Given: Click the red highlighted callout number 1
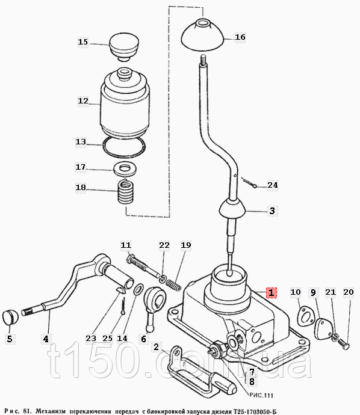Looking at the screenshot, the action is (272, 292).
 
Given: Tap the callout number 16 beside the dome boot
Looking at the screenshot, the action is (240, 37).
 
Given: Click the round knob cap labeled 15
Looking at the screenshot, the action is (124, 46).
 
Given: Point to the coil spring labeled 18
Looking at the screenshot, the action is (126, 192).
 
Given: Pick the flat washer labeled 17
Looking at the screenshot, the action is (125, 168).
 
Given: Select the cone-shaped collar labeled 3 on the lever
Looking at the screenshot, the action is (232, 209).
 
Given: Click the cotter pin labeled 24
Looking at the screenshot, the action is (250, 183).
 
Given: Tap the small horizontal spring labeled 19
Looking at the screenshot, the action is (173, 284).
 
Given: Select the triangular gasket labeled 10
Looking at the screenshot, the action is (304, 316).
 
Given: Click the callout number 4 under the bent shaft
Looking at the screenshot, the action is (46, 339).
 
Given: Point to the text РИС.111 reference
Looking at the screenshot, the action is (261, 395).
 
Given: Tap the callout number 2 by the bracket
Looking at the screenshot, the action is (157, 346).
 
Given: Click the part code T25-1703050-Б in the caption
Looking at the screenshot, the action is (254, 411).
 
